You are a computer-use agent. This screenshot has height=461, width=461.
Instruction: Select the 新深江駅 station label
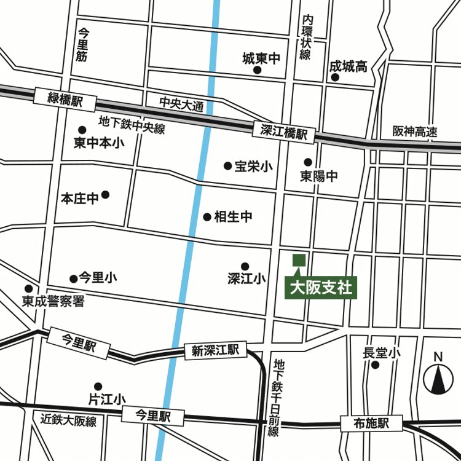tap(215, 351)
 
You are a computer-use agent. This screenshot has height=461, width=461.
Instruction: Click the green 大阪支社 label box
tap(321, 288)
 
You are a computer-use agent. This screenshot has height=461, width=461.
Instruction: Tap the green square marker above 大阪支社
tap(299, 260)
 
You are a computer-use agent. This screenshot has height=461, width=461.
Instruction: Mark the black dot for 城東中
tap(258, 70)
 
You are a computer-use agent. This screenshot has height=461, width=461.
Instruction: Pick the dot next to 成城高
tap(335, 79)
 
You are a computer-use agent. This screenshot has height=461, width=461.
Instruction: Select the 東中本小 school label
tap(98, 143)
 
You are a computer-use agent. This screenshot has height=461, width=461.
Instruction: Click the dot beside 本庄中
tap(105, 195)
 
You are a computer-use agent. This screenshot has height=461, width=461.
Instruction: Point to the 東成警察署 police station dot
tap(28, 289)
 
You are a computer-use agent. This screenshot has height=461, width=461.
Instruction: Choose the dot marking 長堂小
tap(376, 365)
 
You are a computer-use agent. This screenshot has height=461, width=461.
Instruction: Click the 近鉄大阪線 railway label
tap(69, 421)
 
